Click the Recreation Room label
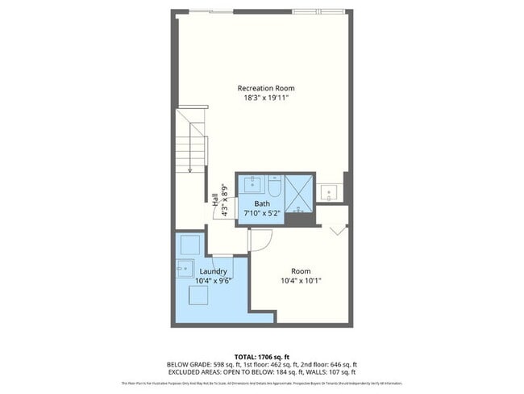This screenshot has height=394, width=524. pyautogui.click(x=265, y=87)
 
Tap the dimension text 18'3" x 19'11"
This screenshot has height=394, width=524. pyautogui.click(x=265, y=97)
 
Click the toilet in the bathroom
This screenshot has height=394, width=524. pyautogui.click(x=273, y=187)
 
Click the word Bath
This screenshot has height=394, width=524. pyautogui.click(x=262, y=203)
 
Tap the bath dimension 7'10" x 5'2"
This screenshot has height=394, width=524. pyautogui.click(x=262, y=213)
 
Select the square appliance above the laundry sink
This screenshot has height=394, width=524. pyautogui.click(x=190, y=244)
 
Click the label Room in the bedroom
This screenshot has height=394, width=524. pyautogui.click(x=301, y=270)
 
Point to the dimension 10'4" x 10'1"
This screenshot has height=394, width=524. pyautogui.click(x=301, y=281)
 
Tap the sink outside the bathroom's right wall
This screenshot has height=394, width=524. pyautogui.click(x=328, y=192)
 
